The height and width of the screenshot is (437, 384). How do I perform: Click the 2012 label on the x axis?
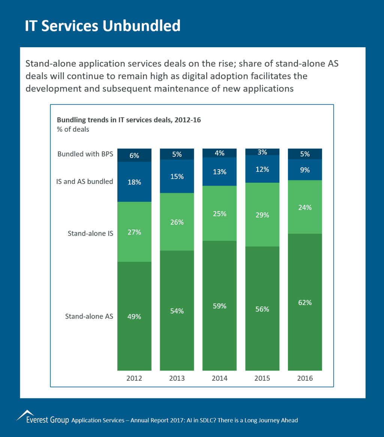pyautogui.click(x=134, y=378)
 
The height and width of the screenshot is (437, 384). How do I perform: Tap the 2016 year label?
pyautogui.click(x=304, y=378)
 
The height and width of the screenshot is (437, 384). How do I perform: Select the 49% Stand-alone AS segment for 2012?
pyautogui.click(x=134, y=316)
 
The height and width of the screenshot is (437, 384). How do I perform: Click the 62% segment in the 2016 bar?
pyautogui.click(x=305, y=302)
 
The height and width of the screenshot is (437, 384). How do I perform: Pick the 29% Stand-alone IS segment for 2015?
pyautogui.click(x=262, y=215)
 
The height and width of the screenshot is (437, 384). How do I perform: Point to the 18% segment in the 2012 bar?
pyautogui.click(x=134, y=182)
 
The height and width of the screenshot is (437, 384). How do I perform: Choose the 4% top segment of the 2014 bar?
pyautogui.click(x=219, y=153)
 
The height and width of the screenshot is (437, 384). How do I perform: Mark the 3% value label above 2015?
pyautogui.click(x=262, y=152)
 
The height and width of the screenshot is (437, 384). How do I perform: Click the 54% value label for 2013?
pyautogui.click(x=177, y=311)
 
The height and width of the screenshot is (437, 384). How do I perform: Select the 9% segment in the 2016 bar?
pyautogui.click(x=305, y=170)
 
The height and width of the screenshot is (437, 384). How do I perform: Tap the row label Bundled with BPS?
pyautogui.click(x=85, y=154)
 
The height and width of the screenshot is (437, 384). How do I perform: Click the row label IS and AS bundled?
pyautogui.click(x=85, y=182)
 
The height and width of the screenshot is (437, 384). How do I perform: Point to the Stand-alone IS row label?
pyautogui.click(x=90, y=233)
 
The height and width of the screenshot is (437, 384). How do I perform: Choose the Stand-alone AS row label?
pyautogui.click(x=89, y=316)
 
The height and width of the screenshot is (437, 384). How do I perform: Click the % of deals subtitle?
pyautogui.click(x=73, y=129)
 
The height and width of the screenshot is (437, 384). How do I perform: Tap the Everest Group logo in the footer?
pyautogui.click(x=42, y=417)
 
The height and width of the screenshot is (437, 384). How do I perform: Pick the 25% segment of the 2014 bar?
pyautogui.click(x=219, y=213)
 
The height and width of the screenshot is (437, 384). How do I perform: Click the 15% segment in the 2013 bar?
pyautogui.click(x=177, y=176)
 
